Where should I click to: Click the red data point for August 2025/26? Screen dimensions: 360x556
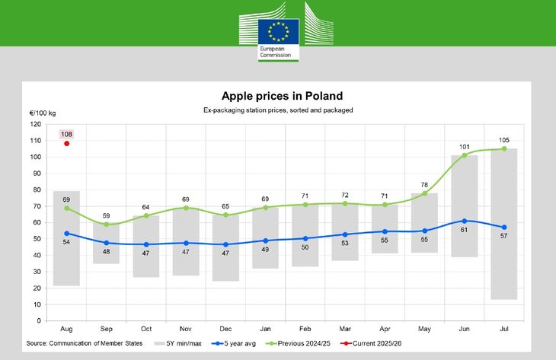67,143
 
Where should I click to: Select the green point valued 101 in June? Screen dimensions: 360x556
465,155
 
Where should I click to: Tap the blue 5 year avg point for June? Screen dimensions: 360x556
465,221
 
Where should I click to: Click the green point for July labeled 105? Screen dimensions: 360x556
504,148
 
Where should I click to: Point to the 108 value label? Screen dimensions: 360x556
67,134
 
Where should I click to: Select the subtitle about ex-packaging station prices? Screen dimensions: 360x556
278,110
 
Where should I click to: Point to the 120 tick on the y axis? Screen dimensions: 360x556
35,124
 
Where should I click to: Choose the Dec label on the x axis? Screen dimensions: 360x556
226,329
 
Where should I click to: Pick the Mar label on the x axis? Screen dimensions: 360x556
345,329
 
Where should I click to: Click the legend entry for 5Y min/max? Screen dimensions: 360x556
179,343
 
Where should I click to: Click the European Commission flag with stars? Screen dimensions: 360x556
277,32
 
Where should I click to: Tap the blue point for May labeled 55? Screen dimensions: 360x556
425,231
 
